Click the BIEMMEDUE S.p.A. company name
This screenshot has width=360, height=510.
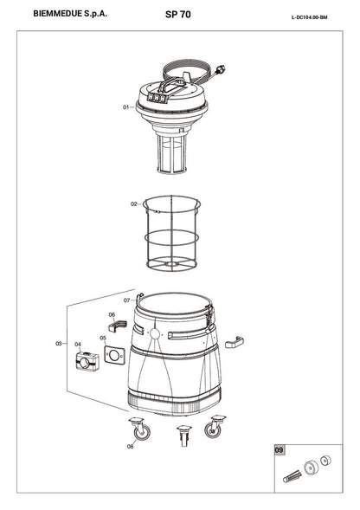coord(70,14)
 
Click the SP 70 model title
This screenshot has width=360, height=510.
coord(178,15)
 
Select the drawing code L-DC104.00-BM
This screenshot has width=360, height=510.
coord(309,17)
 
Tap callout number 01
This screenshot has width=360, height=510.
coord(125,107)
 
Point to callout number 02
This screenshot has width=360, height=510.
coord(134,204)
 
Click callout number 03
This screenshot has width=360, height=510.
coord(59,344)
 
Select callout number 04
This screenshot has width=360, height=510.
coord(78,344)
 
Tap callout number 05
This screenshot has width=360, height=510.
coord(103,338)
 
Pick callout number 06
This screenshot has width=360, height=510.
coord(112,314)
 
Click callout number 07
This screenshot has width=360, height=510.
coord(127,300)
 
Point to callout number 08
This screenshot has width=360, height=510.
coord(130,447)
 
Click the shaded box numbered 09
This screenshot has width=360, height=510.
coord(279,450)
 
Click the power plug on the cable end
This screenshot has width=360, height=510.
coord(222,69)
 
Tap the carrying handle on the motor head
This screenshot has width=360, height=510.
coord(170,84)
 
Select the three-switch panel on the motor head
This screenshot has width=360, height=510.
coord(157,97)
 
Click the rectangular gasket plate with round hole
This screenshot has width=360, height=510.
coord(114,355)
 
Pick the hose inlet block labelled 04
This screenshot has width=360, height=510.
coord(87,361)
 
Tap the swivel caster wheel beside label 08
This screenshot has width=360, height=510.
coord(140,429)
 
